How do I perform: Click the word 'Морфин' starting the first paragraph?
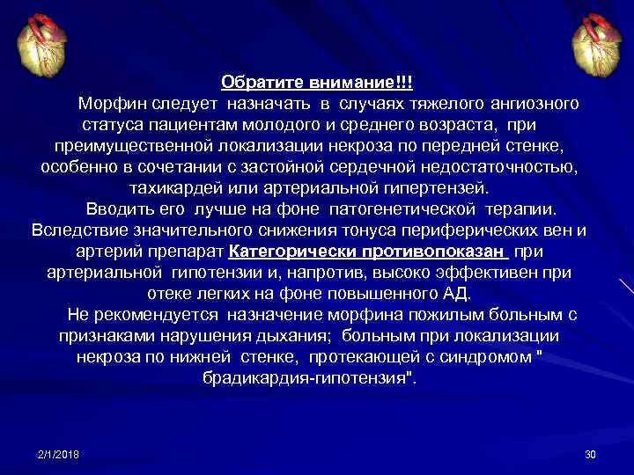pos(108,104)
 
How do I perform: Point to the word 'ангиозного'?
pos(535,104)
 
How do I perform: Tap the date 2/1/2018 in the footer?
pos(58,454)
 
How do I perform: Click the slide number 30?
pos(590,454)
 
